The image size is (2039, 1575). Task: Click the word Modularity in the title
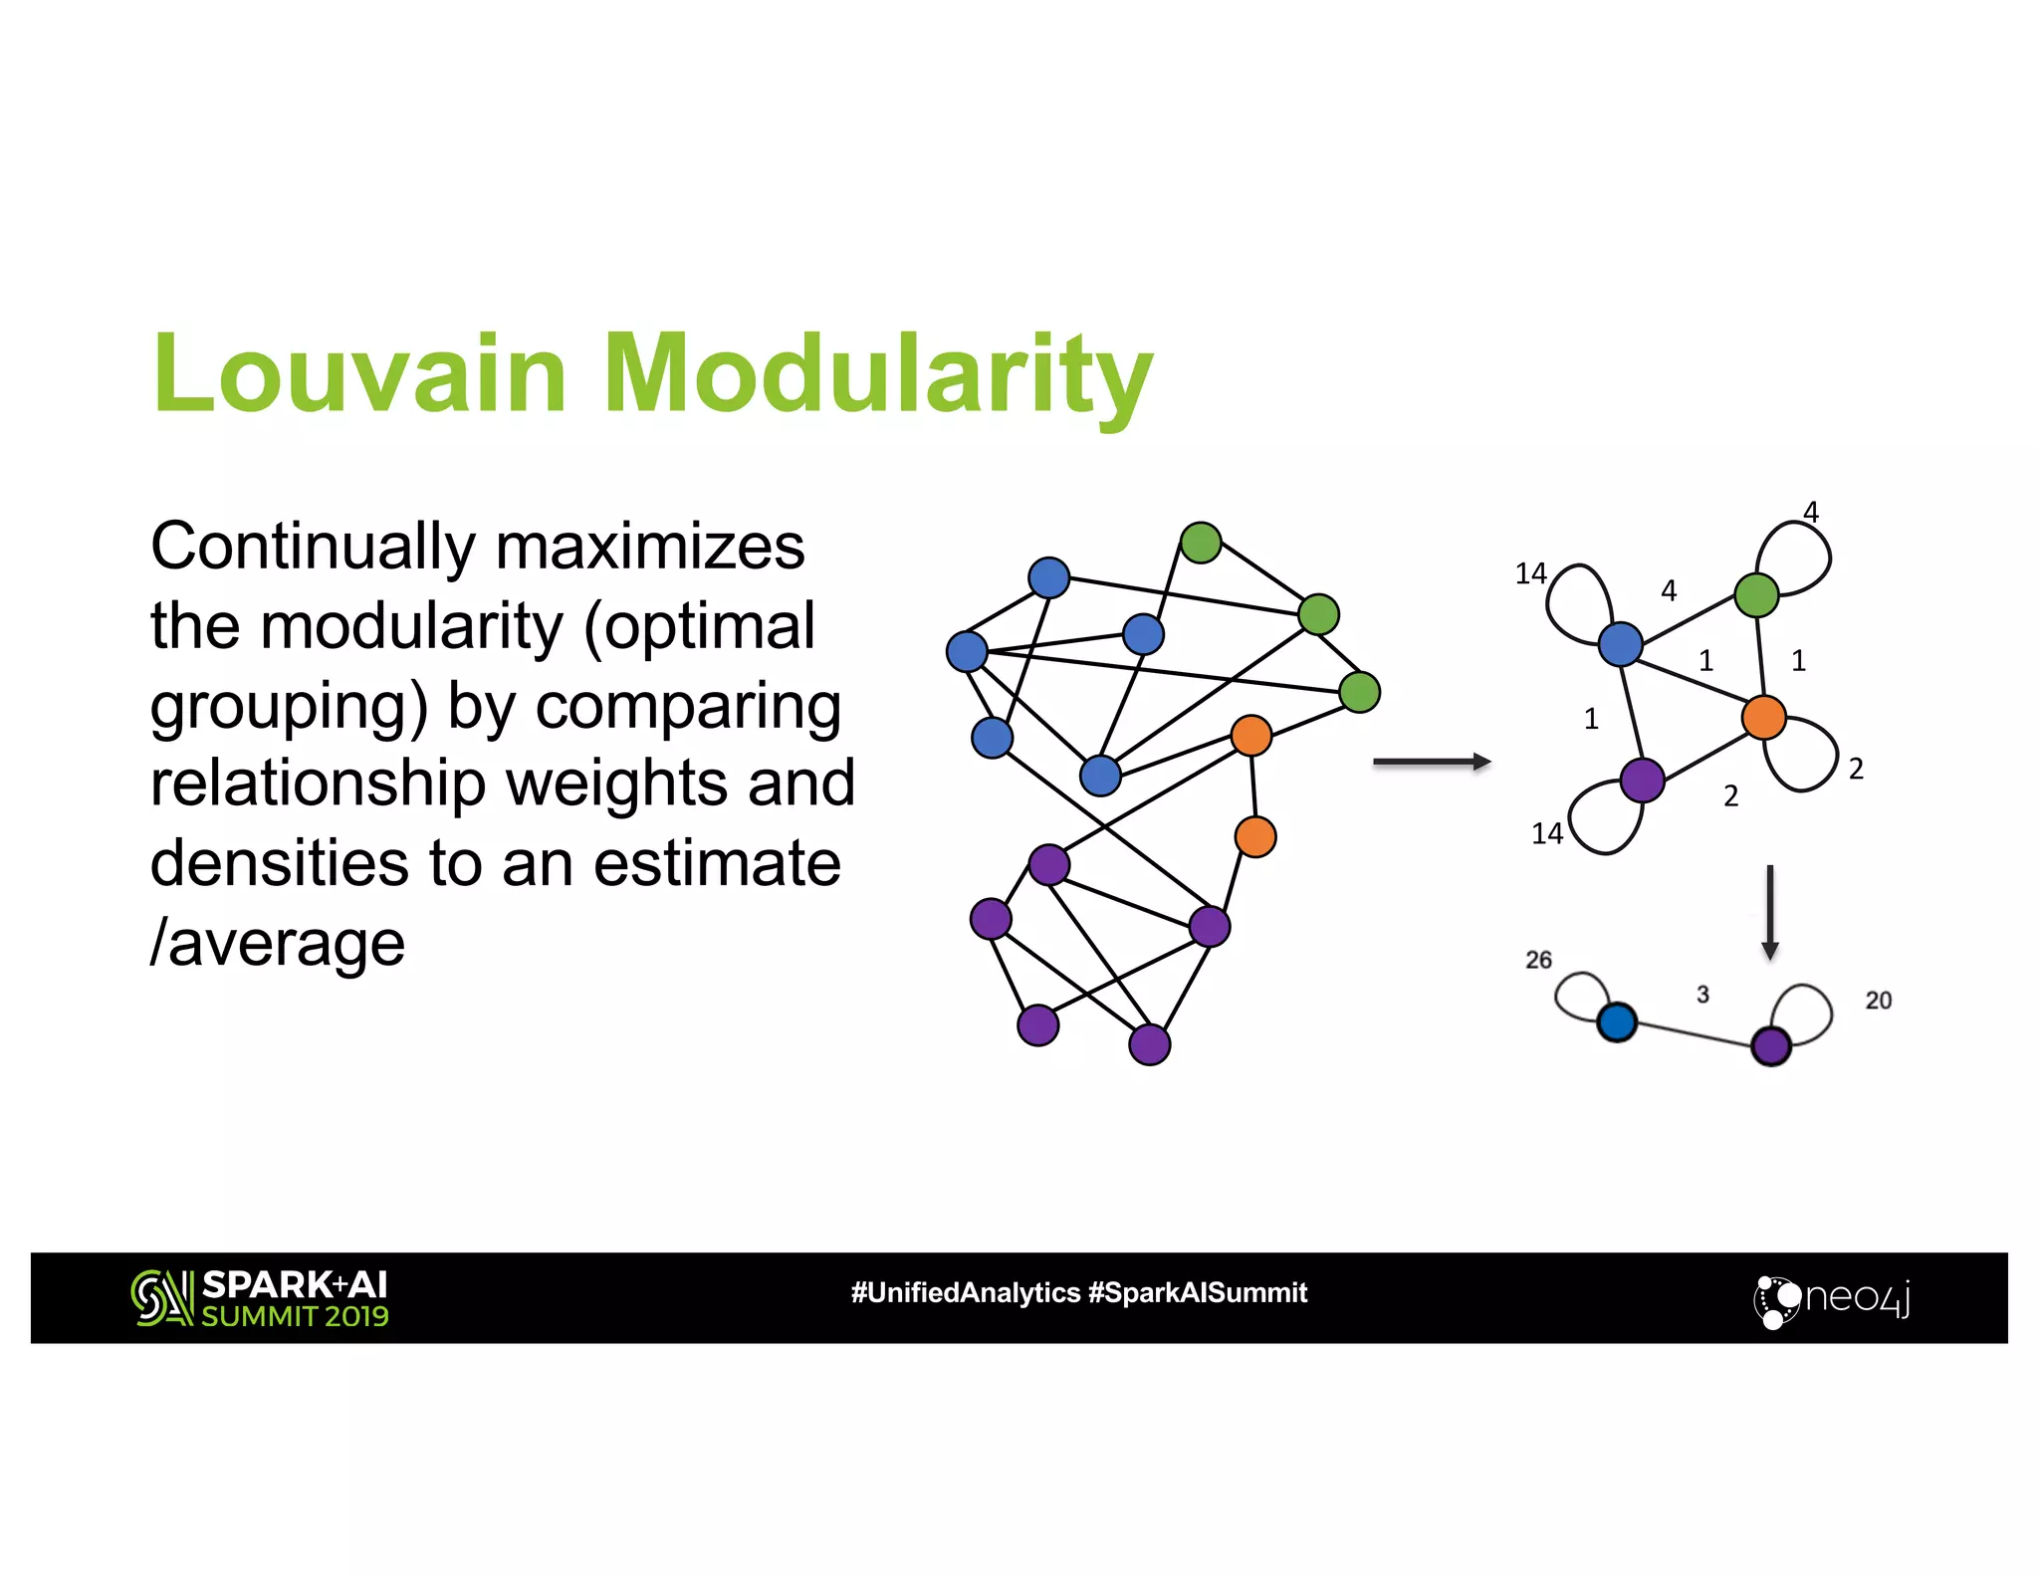click(x=877, y=374)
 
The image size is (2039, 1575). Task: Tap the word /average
click(x=278, y=942)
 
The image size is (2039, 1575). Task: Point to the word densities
click(x=280, y=862)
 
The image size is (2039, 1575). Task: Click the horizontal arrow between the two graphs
click(x=1431, y=763)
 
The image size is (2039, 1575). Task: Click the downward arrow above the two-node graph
click(x=1769, y=911)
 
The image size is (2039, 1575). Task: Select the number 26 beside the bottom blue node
click(x=1538, y=960)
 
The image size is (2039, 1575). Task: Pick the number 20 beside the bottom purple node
click(x=1878, y=1001)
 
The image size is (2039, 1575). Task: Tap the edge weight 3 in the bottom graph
click(x=1702, y=995)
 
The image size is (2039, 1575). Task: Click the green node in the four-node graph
click(x=1756, y=595)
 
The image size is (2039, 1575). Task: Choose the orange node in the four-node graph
click(x=1763, y=718)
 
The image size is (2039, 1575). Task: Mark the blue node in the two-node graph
click(x=1617, y=1021)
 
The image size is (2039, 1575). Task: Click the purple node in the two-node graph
click(x=1771, y=1046)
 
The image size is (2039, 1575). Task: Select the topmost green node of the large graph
click(x=1201, y=543)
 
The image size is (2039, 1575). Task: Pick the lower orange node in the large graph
click(x=1255, y=837)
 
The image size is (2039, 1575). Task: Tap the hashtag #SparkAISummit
click(x=1198, y=1293)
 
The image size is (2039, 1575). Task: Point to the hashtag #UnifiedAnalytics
click(x=966, y=1293)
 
